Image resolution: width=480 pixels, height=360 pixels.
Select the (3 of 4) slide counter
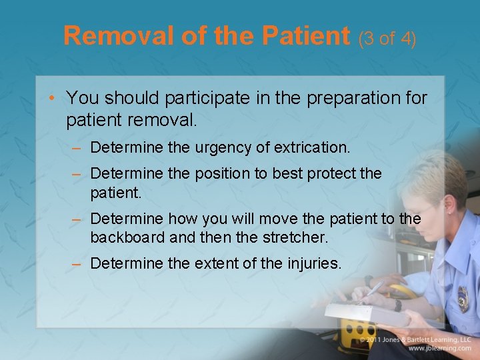[387, 39]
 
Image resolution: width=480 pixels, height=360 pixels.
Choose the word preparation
[347, 99]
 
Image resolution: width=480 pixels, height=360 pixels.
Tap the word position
[227, 174]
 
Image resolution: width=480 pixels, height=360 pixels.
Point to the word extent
[214, 264]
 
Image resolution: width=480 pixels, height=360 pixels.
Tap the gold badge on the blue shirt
[463, 299]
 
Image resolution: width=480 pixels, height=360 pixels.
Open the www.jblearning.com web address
[439, 348]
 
